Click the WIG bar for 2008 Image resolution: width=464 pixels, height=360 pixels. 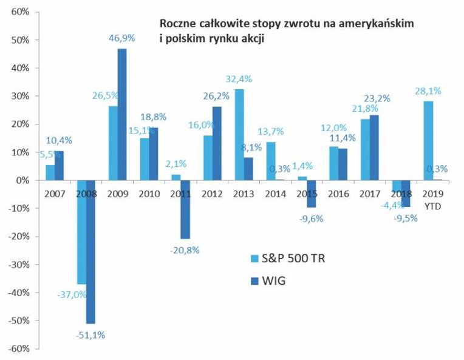click(90, 251)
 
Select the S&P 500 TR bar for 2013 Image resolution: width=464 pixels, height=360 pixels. click(239, 135)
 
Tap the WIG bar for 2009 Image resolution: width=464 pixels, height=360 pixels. click(122, 114)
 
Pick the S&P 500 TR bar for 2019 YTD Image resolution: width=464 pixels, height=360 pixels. click(428, 141)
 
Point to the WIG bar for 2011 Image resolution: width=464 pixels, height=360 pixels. click(185, 209)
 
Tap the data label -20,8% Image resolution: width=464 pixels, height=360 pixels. click(185, 249)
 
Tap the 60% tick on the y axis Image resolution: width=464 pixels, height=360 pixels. click(22, 12)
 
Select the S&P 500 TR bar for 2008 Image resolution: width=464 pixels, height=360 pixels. click(81, 232)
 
